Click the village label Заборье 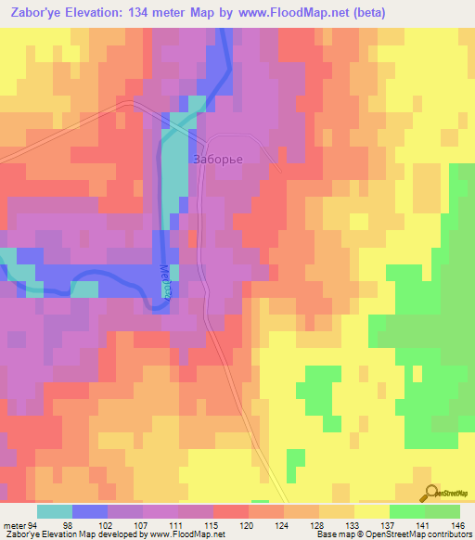pyautogui.click(x=218, y=159)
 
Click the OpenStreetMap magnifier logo pyautogui.click(x=430, y=493)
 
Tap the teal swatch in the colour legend pyautogui.click(x=55, y=511)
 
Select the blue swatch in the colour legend pyautogui.click(x=90, y=511)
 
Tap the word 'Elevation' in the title pyautogui.click(x=94, y=13)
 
